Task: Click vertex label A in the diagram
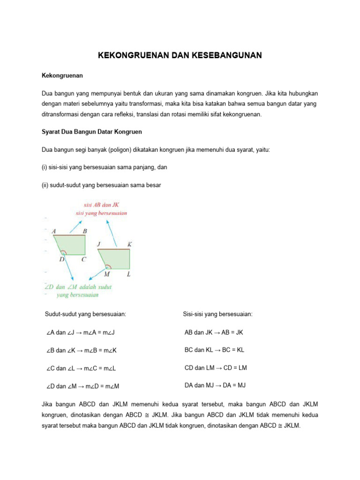coord(54,231)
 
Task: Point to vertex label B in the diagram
coord(85,231)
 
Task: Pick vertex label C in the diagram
coord(83,259)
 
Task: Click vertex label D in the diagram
coord(62,259)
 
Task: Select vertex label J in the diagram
coord(99,244)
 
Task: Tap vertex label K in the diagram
coord(129,244)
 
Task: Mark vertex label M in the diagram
coord(107,274)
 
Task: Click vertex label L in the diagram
coord(128,273)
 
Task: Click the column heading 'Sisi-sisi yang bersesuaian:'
coord(217,314)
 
